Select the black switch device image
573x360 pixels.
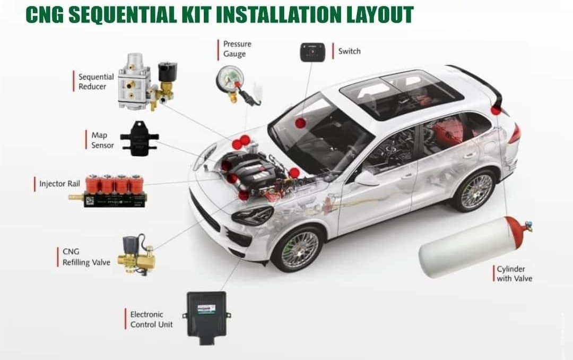pos(312,53)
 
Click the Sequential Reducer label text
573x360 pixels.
pos(95,82)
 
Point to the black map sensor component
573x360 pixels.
pos(139,139)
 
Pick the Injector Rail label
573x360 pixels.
pos(59,184)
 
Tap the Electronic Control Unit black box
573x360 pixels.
pos(206,318)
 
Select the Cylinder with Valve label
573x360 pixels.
pos(514,273)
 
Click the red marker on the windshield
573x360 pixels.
pos(300,123)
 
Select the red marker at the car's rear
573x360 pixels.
pos(496,110)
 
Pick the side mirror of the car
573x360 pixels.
pos(366,178)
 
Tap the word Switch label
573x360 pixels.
pos(349,51)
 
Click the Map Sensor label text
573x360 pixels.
pos(102,140)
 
